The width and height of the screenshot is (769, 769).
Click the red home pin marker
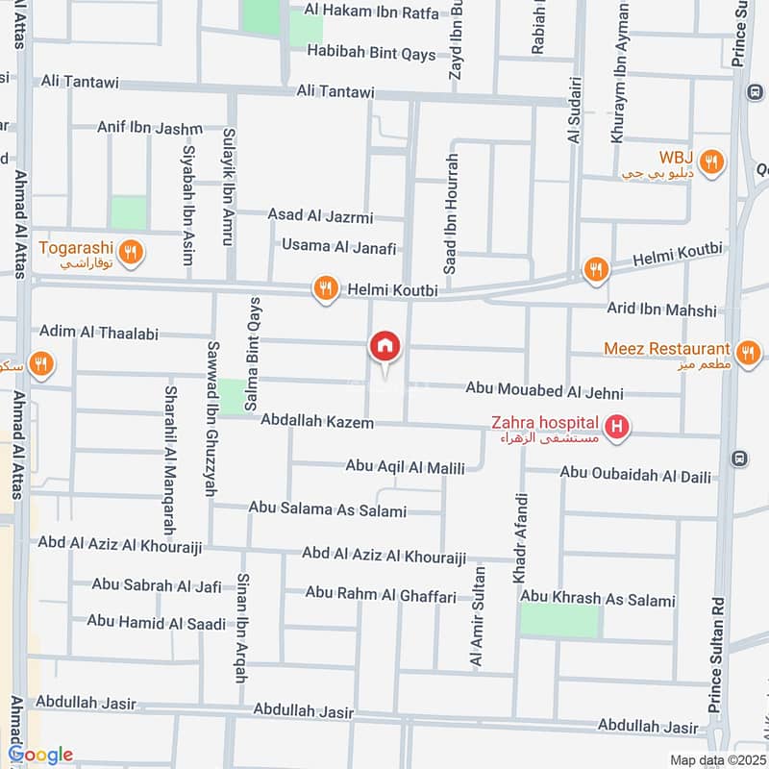[x=384, y=346]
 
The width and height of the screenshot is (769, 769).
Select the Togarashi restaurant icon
[x=133, y=253]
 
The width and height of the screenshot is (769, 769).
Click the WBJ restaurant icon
[x=711, y=161]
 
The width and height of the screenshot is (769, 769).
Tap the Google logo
[x=40, y=755]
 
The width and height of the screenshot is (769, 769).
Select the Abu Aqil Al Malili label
[x=405, y=467]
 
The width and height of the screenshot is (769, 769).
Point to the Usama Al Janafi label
[x=338, y=247]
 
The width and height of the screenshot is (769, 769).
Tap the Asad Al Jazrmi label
[x=320, y=217]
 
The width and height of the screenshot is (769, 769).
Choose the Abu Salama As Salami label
[x=327, y=509]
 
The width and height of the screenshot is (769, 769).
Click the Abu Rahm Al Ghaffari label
[x=381, y=595]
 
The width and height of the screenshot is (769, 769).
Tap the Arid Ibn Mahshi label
[x=661, y=310]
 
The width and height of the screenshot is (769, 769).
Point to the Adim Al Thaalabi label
[x=98, y=331]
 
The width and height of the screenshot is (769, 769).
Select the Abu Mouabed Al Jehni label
[x=544, y=391]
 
